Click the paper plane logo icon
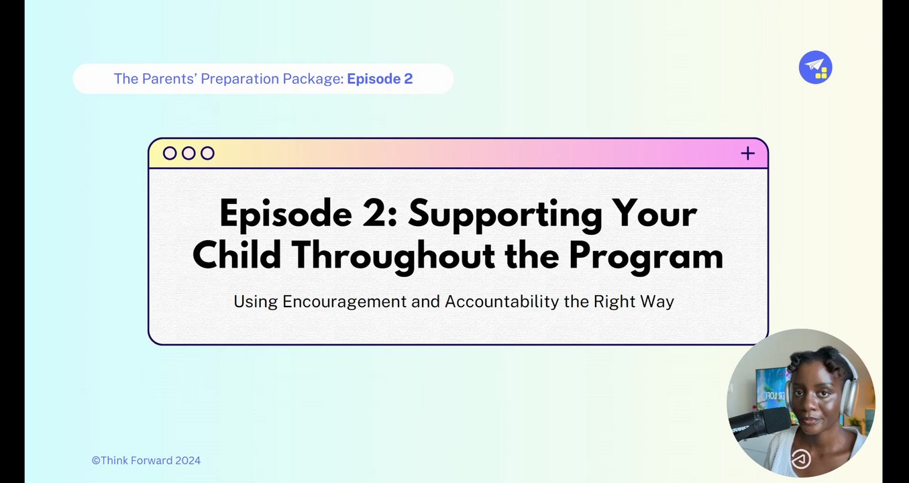pos(815,67)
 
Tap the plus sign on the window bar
pos(747,154)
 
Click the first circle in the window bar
pos(170,154)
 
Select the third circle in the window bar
pos(207,154)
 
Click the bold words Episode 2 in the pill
pos(380,78)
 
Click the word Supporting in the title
pos(505,215)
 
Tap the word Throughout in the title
pos(394,256)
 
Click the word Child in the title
pos(237,256)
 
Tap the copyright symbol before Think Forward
pos(96,461)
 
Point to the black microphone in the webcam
pos(759,423)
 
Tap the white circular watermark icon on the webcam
pos(800,459)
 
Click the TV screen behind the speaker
pos(771,389)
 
